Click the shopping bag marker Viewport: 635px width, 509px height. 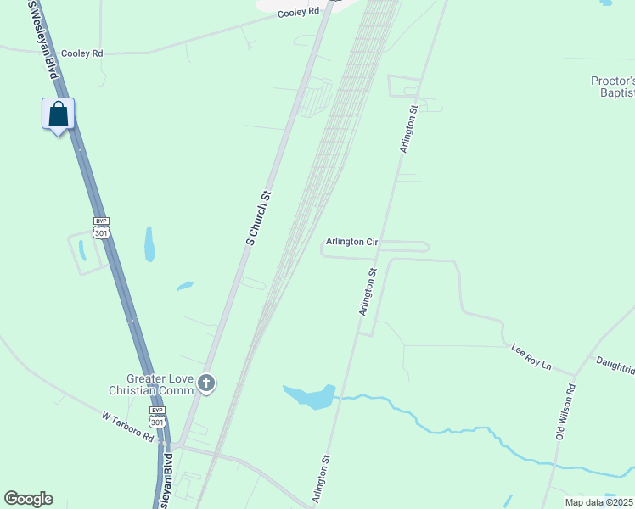tap(58, 115)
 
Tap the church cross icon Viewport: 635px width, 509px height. tap(206, 384)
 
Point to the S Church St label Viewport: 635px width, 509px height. tap(258, 218)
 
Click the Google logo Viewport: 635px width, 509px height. tap(28, 499)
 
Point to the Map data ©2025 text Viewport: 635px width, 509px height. tap(598, 502)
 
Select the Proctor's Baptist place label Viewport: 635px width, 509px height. tap(612, 87)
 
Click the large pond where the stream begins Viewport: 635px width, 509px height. tap(310, 395)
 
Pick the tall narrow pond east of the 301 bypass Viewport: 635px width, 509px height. tap(149, 243)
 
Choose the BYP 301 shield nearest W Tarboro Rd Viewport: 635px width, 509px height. tap(157, 417)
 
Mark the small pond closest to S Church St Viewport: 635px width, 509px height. tap(184, 287)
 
